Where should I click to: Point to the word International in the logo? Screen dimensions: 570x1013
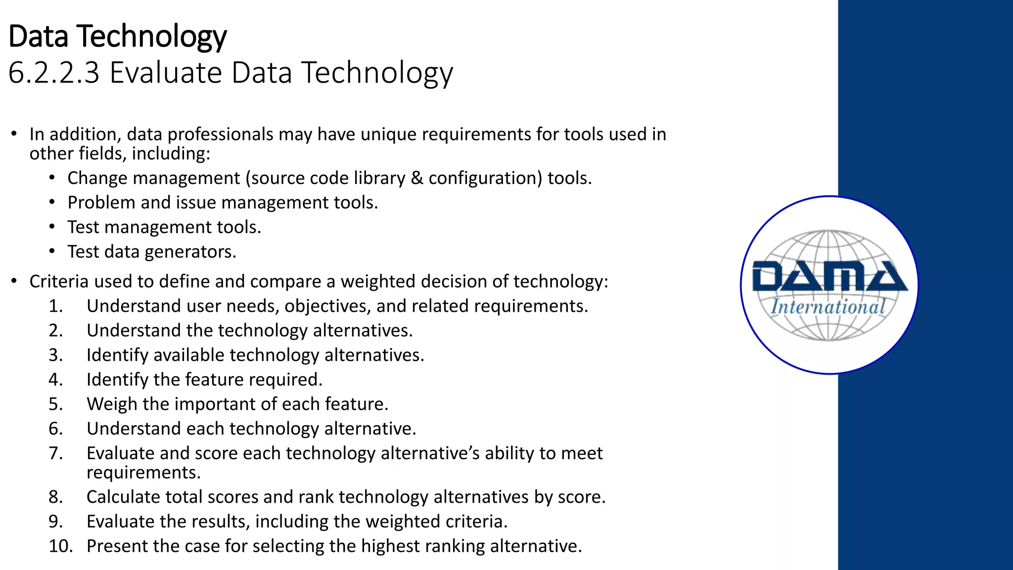tap(828, 307)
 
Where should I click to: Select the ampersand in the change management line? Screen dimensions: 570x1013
tap(416, 178)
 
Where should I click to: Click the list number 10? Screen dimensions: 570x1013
tap(60, 546)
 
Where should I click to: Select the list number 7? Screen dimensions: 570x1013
tap(55, 453)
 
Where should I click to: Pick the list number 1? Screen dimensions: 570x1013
tap(55, 306)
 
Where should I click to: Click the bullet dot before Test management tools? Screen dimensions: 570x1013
tap(52, 227)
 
